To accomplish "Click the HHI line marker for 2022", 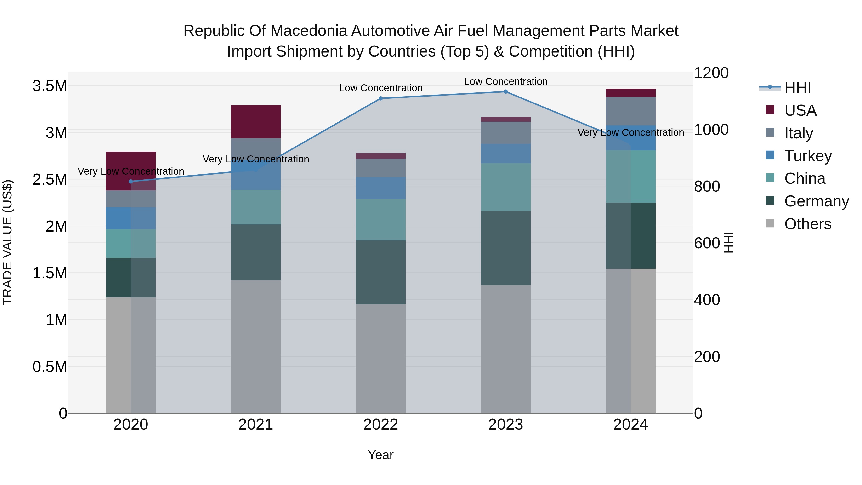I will tap(380, 98).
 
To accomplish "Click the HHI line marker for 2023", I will tap(506, 92).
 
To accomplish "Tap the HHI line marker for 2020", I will tap(131, 181).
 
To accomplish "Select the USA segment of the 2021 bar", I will tap(256, 121).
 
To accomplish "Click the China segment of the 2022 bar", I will tap(380, 220).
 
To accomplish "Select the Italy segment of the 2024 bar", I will tap(630, 111).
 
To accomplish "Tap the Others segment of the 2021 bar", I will tap(256, 346).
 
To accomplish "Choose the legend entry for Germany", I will tap(816, 201).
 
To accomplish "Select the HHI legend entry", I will tap(797, 88).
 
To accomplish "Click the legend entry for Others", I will tap(807, 224).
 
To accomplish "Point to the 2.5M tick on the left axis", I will tap(50, 180).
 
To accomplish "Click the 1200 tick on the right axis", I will tap(711, 73).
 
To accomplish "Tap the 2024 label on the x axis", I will tap(630, 425).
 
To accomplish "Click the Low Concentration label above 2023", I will tap(506, 81).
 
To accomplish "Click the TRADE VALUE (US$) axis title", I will tap(7, 242).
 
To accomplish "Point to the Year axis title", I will tap(380, 455).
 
